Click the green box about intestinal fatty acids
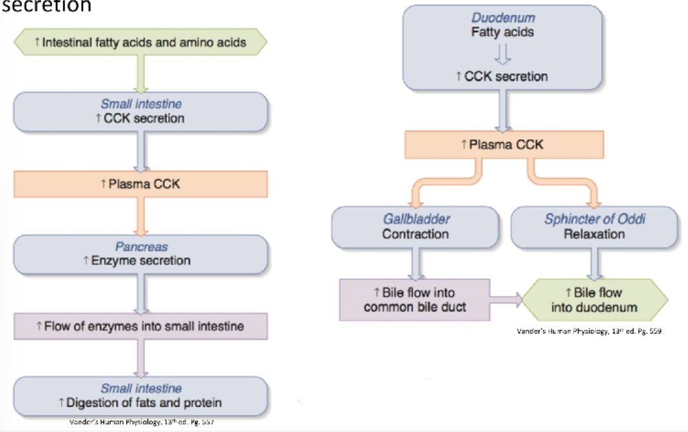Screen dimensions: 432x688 point(140,43)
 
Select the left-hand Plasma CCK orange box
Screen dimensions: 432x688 point(140,184)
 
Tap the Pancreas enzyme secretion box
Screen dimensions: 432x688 point(140,254)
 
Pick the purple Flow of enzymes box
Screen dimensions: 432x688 point(140,326)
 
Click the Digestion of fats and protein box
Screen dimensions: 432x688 point(140,396)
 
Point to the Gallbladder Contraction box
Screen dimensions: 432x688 point(416,227)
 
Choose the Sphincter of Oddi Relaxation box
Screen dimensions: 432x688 point(594,227)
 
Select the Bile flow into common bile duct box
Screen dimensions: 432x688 point(415,300)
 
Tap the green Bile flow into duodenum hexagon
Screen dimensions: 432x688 point(594,300)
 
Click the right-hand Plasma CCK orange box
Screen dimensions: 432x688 point(504,145)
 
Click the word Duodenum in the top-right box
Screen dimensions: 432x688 point(503,18)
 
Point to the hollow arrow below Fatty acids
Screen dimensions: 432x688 point(503,54)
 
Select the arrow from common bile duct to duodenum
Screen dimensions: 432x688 point(506,299)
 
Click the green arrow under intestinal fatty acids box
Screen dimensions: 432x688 point(140,73)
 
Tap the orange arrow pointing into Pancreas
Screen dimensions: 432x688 point(140,217)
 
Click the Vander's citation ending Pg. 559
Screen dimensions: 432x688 point(589,331)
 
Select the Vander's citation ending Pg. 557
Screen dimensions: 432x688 point(141,422)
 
